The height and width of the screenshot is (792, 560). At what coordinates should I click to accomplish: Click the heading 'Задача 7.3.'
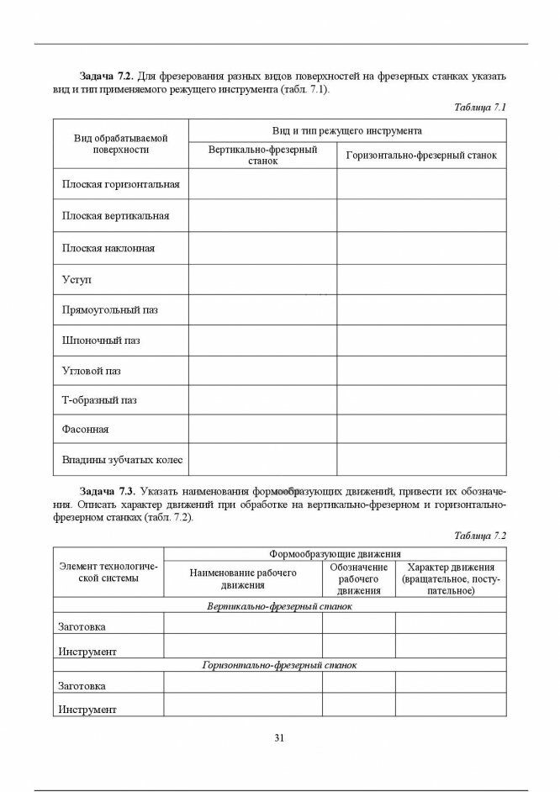tap(107, 490)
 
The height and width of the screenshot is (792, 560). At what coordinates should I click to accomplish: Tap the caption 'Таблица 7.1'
tap(479, 108)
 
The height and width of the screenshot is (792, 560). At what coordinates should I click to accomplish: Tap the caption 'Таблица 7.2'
tap(479, 536)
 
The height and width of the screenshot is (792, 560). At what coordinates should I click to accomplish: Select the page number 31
tap(279, 738)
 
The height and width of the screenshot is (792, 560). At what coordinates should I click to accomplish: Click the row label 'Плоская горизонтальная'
tap(121, 184)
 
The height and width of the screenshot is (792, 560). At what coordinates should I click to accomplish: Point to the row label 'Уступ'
tap(77, 278)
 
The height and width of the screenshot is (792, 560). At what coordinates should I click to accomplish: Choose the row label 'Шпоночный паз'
tap(101, 341)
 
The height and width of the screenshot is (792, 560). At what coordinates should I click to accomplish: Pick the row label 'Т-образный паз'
tap(99, 400)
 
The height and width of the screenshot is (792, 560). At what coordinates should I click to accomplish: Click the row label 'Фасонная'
tap(86, 430)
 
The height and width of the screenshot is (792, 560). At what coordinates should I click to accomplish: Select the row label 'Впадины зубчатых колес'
tap(123, 460)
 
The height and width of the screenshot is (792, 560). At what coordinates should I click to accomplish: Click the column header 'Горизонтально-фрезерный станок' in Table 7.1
tap(421, 156)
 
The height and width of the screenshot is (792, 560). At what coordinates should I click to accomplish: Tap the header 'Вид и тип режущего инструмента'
tap(346, 131)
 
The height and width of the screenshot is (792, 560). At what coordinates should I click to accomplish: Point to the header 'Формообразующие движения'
tap(335, 554)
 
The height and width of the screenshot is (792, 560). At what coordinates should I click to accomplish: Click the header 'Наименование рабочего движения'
tap(243, 579)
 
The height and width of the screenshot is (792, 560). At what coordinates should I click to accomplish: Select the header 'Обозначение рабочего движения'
tap(358, 579)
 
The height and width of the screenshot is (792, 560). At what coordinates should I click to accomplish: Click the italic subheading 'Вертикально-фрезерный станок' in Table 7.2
tap(279, 605)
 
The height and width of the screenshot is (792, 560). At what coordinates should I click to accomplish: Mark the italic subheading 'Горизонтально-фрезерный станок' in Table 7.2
tap(279, 665)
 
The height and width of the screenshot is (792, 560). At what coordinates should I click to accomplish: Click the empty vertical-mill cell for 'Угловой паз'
tap(262, 371)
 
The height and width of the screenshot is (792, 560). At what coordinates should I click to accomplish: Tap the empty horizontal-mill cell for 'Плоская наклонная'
tap(421, 248)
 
